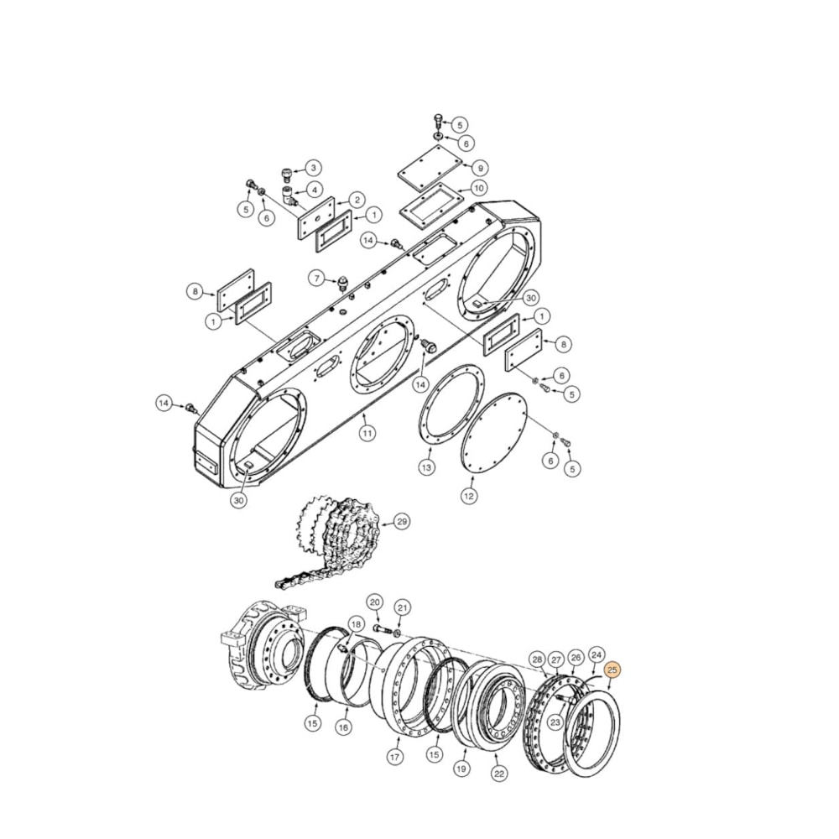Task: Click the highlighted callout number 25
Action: point(612,670)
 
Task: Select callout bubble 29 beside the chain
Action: point(402,522)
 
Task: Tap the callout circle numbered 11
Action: point(367,433)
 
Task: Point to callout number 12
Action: point(468,496)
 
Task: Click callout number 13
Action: point(427,467)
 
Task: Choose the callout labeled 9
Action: point(479,168)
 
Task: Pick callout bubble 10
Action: point(478,188)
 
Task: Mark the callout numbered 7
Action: point(316,278)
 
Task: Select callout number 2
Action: point(357,200)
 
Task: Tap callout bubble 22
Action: point(499,774)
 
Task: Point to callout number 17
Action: point(394,756)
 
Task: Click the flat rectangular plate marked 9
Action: point(431,167)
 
